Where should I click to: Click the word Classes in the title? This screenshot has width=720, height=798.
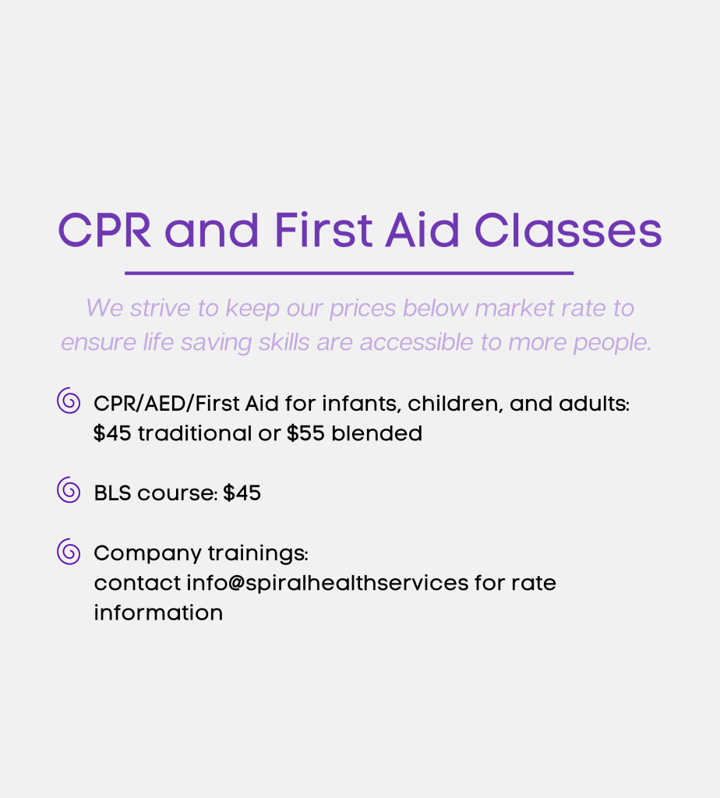[568, 230]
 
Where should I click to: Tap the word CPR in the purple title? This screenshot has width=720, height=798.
[104, 230]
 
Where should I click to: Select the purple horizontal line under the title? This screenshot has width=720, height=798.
[349, 274]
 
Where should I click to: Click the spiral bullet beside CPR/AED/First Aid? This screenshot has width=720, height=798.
[69, 401]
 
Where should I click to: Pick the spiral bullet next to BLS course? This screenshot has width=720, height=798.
[69, 490]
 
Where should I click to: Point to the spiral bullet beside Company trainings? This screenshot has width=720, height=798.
[69, 552]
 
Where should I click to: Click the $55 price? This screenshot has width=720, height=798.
[305, 433]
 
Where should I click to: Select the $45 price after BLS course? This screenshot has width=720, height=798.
[242, 493]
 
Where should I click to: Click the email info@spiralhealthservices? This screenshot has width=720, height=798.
[327, 583]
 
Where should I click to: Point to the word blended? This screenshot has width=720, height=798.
[376, 433]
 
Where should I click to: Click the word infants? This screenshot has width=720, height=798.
[362, 404]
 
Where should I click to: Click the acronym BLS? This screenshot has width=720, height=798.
[112, 493]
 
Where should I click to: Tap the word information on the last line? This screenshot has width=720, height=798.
[158, 613]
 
